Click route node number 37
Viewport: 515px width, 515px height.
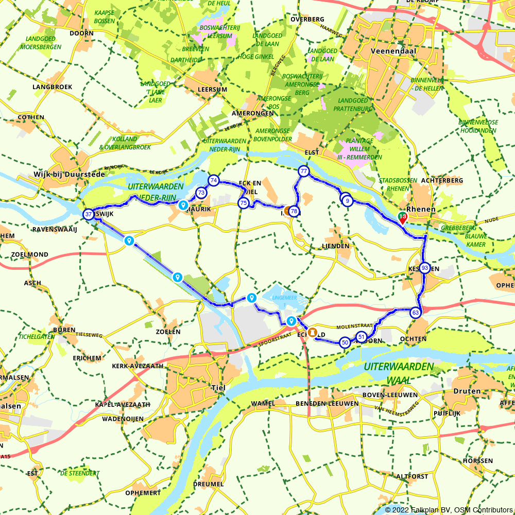point(89,214)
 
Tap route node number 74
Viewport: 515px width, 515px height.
point(213,180)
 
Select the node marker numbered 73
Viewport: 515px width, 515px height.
point(201,193)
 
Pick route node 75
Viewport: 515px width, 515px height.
point(243,203)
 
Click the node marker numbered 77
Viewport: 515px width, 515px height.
point(304,171)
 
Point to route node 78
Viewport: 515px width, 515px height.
point(294,211)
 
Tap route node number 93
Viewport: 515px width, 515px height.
point(424,268)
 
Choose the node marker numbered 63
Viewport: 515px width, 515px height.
point(416,313)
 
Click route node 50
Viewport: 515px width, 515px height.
point(345,342)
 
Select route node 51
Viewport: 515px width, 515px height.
point(361,337)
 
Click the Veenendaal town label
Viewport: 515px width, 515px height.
point(389,51)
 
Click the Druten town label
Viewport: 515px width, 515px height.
point(467,391)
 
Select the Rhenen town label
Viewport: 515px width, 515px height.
point(421,210)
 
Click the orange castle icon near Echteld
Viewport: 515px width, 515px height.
point(312,332)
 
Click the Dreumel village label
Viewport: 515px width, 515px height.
point(208,484)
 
